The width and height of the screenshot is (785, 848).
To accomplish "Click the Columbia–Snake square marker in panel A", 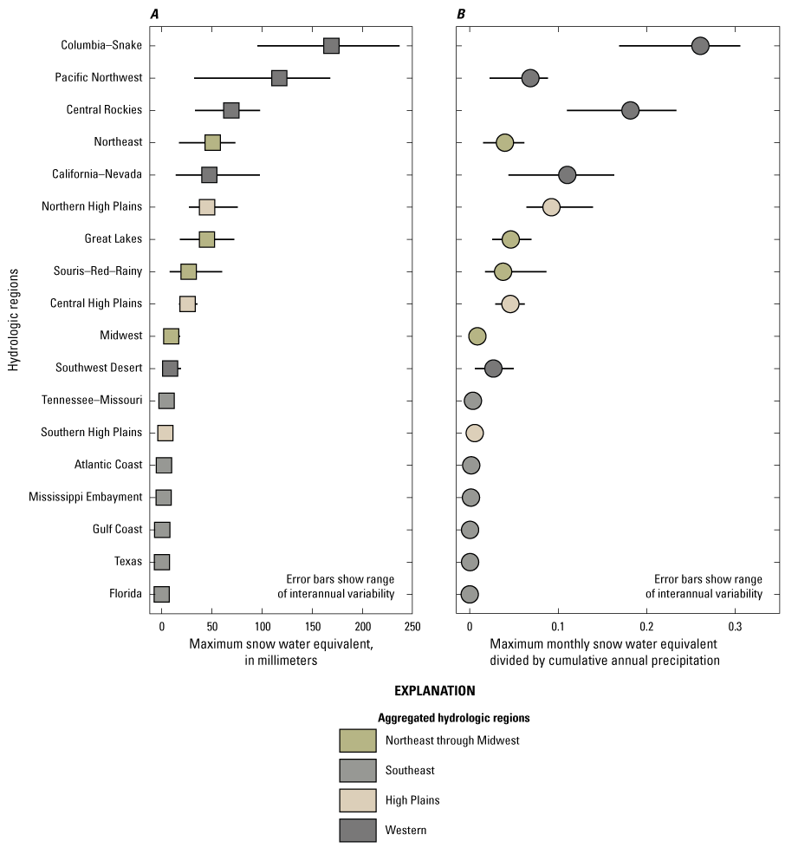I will pos(331,46).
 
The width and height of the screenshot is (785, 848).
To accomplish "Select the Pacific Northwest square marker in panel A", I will pos(279,78).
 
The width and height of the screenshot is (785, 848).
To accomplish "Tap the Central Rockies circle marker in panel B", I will pos(630,110).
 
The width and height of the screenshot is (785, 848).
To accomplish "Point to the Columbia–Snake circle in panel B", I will pos(700,46).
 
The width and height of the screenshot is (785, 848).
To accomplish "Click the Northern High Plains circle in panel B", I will pos(551,206).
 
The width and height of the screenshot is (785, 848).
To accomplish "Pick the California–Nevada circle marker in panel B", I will pos(567,174).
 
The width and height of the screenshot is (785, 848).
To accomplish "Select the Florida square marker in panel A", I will pos(161,594).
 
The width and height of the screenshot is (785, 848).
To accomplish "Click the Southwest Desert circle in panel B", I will pos(493,369).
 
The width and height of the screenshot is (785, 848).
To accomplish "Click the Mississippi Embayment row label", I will pos(85,497).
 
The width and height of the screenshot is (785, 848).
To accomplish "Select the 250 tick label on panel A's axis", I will pos(412,625).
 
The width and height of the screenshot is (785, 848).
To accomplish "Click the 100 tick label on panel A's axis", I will pos(262,625).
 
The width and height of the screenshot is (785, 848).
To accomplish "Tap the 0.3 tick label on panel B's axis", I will pos(735,625).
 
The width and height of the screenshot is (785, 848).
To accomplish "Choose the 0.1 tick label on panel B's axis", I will pos(558,625).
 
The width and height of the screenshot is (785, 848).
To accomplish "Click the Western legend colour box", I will pos(358,830).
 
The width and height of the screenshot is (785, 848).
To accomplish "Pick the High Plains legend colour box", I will pos(358,799).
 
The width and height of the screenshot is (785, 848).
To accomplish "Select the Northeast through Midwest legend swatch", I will pos(358,740).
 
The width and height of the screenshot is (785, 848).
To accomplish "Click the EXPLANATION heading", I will pos(435,691).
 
